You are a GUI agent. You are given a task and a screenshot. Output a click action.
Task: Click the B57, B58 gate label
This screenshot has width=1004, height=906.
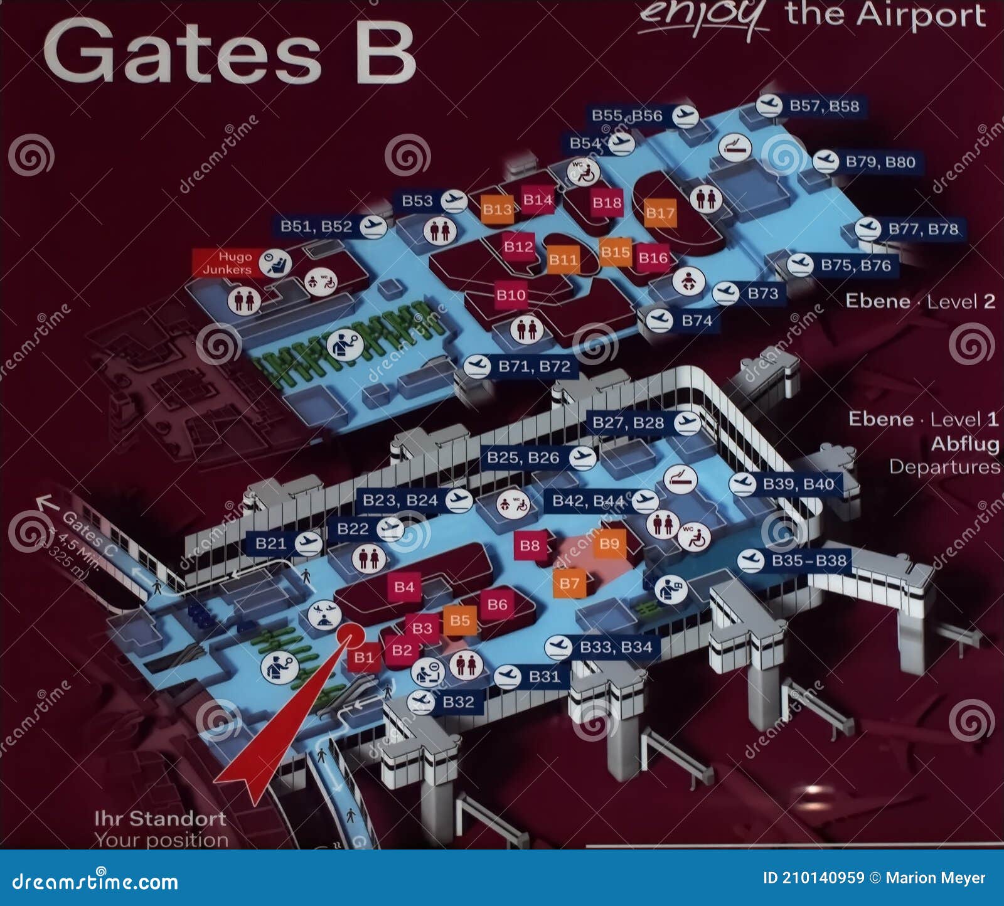(x=824, y=106)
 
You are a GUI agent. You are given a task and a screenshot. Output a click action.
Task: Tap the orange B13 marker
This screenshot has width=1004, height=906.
(x=497, y=210)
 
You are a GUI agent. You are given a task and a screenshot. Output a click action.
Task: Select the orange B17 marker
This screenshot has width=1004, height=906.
(x=660, y=213)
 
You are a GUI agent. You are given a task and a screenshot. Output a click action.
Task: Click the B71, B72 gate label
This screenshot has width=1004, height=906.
(x=534, y=366)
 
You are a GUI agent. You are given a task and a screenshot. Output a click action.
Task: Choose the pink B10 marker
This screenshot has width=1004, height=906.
(x=511, y=295)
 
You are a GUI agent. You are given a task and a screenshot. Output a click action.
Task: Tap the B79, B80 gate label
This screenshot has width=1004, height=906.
(x=880, y=162)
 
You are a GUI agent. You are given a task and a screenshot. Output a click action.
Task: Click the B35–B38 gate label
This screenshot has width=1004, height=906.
(x=809, y=560)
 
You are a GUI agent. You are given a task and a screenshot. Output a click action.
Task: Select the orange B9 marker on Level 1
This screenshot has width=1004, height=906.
(x=609, y=543)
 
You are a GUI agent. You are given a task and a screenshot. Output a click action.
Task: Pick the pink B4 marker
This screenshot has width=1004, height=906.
(x=404, y=587)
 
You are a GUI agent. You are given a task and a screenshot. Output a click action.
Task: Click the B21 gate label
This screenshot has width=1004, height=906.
(x=270, y=543)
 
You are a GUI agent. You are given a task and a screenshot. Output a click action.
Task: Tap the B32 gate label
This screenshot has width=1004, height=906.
(x=458, y=701)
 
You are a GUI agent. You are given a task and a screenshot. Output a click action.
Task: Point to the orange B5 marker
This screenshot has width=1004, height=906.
(x=459, y=621)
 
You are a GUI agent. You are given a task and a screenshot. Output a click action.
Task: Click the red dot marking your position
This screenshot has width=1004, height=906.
(x=350, y=636)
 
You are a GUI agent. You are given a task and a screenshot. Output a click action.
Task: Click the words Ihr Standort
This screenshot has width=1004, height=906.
(x=160, y=818)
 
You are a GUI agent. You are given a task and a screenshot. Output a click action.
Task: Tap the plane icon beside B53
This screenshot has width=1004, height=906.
(x=454, y=201)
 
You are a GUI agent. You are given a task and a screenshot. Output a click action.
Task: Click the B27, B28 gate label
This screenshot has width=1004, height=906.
(x=628, y=423)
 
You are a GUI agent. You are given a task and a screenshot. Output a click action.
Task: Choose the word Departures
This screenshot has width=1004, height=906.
(x=944, y=467)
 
